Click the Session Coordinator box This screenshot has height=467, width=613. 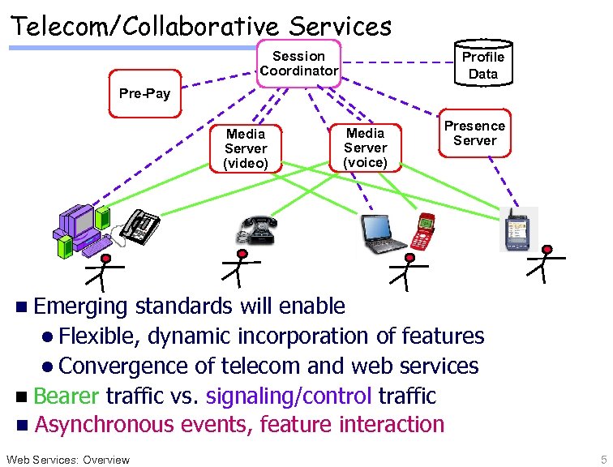pyautogui.click(x=298, y=63)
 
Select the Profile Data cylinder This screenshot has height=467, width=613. pyautogui.click(x=482, y=65)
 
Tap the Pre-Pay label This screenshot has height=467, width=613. pyautogui.click(x=144, y=93)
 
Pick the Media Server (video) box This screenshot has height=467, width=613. pyautogui.click(x=245, y=148)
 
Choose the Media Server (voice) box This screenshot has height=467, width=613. pyautogui.click(x=365, y=148)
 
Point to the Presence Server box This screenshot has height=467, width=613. pyautogui.click(x=474, y=133)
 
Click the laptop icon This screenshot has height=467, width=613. pyautogui.click(x=383, y=234)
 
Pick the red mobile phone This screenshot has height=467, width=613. pyautogui.click(x=424, y=232)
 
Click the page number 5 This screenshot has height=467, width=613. pyautogui.click(x=603, y=459)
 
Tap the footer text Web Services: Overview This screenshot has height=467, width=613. pyautogui.click(x=67, y=460)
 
